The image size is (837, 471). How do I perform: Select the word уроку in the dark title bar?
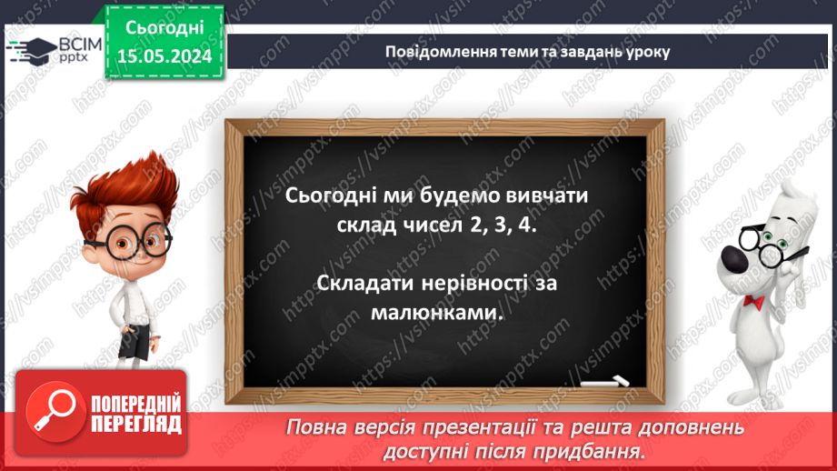coord(645,52)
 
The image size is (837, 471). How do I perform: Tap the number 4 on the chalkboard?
coord(527,225)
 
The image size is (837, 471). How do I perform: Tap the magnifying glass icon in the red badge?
coord(54,412)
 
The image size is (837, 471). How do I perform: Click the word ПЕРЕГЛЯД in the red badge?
coord(136,424)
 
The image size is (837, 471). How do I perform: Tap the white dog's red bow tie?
coord(753,300)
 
